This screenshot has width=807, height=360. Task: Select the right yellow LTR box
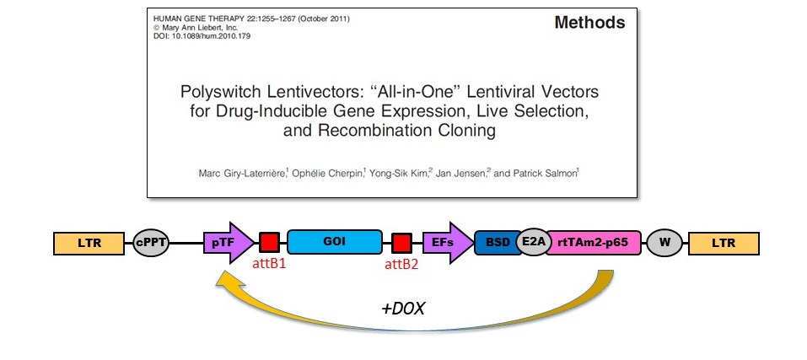point(723,243)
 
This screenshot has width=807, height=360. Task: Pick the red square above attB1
point(269,243)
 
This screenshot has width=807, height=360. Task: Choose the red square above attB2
point(401,243)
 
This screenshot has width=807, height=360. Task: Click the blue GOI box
point(334,243)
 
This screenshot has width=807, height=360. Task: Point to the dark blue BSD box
point(497,243)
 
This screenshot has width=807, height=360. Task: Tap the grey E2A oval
point(534,243)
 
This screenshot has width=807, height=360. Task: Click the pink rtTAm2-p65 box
point(594,243)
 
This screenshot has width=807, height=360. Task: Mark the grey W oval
point(664,243)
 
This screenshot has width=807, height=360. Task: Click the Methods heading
point(589,23)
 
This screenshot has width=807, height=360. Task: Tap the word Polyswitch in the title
point(223,90)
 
